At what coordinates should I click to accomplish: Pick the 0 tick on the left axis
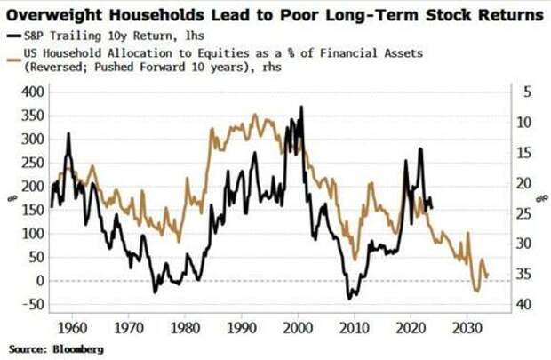coord(37,281)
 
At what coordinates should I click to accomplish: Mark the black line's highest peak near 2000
coord(301,107)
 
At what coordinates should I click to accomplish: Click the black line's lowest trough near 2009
coord(349,298)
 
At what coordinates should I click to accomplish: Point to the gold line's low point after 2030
coord(477,291)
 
